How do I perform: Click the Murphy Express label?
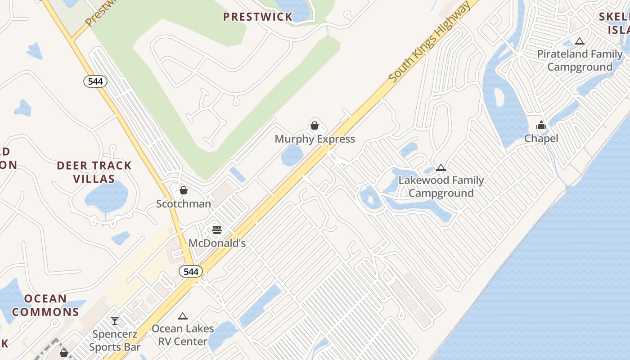[x=315, y=139]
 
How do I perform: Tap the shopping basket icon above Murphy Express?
[x=315, y=126]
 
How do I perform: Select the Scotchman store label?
[x=184, y=204]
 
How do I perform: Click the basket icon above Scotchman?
[x=184, y=190]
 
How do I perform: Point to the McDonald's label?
[x=217, y=243]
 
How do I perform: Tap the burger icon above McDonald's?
[x=217, y=230]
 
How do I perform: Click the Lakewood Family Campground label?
[x=441, y=187]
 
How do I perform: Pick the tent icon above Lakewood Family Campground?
[x=441, y=168]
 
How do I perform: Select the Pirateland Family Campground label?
[x=580, y=60]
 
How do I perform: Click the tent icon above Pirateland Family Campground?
[x=580, y=41]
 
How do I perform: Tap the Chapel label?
[x=541, y=139]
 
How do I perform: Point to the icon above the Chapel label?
[x=541, y=125]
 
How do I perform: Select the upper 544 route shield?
[x=95, y=81]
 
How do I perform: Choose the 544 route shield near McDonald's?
[x=191, y=271]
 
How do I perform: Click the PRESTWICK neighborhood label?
[x=258, y=17]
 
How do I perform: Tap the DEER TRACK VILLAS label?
[x=94, y=172]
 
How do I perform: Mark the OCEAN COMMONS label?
[x=45, y=305]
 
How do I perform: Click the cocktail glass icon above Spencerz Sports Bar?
[x=115, y=321]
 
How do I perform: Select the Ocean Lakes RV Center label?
[x=183, y=335]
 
